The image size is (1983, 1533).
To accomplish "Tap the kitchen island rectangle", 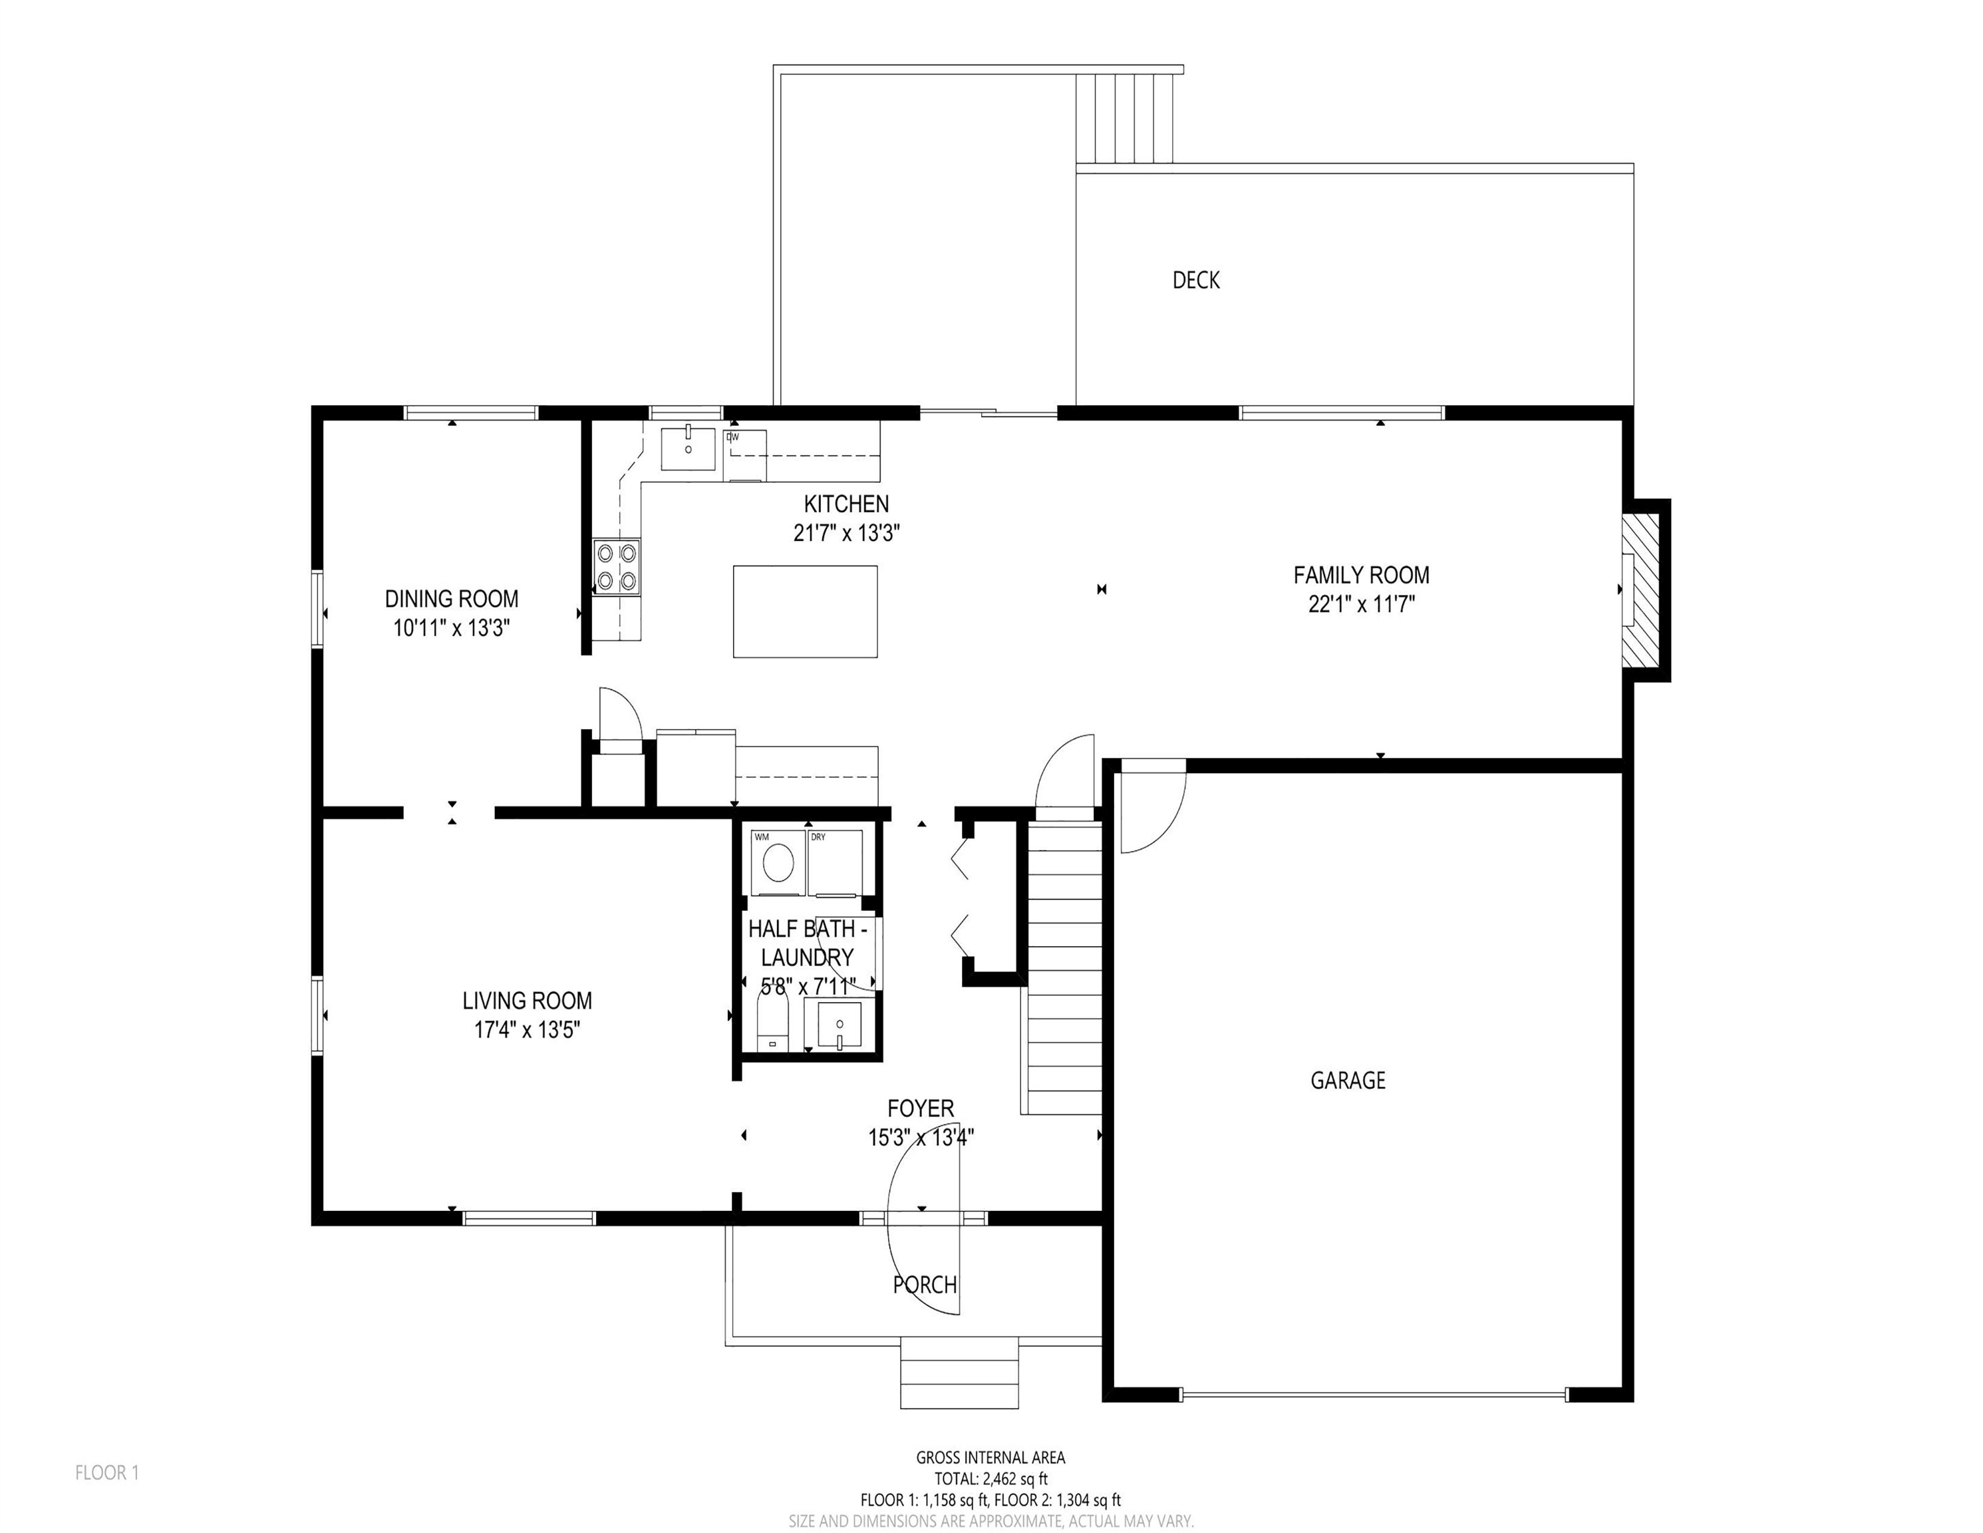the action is [806, 611].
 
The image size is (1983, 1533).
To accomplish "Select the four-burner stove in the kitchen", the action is [617, 567].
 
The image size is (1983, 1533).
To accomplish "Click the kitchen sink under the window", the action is [688, 448].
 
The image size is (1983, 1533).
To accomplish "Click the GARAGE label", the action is [1348, 1080].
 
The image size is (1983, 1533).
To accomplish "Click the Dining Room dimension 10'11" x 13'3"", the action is [451, 627].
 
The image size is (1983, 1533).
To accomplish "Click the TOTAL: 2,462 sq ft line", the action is [991, 1479].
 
